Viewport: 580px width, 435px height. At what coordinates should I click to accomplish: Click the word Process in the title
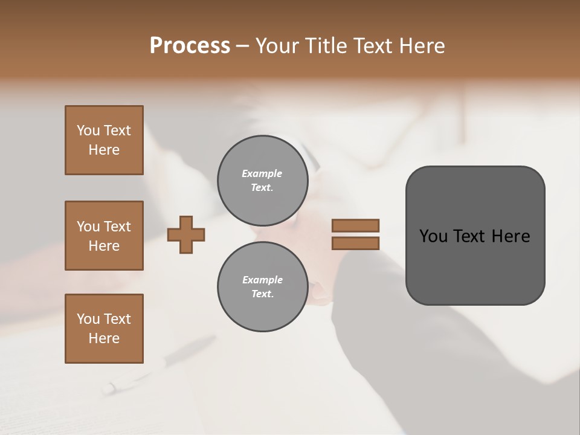click(x=190, y=46)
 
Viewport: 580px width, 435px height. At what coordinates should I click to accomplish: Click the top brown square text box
click(x=104, y=140)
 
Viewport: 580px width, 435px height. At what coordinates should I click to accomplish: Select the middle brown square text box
click(x=104, y=236)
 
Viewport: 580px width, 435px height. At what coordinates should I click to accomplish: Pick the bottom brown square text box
click(x=104, y=329)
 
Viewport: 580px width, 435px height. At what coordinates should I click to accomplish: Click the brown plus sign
click(x=186, y=234)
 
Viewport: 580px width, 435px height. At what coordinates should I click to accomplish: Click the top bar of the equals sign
click(x=355, y=225)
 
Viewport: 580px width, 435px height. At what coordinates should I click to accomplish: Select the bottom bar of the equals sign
click(x=355, y=243)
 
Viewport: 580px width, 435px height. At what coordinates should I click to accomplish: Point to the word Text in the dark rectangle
click(x=472, y=236)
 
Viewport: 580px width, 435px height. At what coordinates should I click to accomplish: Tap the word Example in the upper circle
click(x=262, y=173)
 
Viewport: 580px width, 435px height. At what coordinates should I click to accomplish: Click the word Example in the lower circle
click(x=262, y=280)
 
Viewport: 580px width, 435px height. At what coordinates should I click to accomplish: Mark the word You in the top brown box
click(x=88, y=130)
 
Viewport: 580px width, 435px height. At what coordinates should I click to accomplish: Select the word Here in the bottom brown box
click(x=104, y=338)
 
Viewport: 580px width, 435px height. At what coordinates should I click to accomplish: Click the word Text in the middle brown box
click(x=117, y=227)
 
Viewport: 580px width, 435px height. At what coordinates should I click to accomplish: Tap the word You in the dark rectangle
click(x=433, y=236)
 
